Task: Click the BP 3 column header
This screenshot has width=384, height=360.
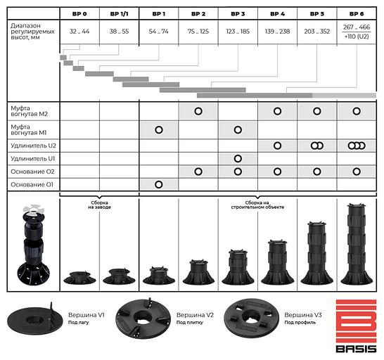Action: pos(238,14)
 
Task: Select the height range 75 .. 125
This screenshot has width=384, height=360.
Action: pos(198,32)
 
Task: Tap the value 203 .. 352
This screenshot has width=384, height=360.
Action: pos(317,32)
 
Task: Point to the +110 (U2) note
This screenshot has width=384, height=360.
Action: pos(357,37)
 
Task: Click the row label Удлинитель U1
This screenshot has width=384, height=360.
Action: pos(33,159)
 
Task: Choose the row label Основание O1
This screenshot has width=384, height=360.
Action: pos(32,185)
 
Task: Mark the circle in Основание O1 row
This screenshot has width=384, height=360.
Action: pos(159,184)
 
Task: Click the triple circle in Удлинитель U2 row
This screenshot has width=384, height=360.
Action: pos(357,146)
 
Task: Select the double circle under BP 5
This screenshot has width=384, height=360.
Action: pos(317,146)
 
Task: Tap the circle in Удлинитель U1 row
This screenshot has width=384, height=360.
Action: pos(238,159)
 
